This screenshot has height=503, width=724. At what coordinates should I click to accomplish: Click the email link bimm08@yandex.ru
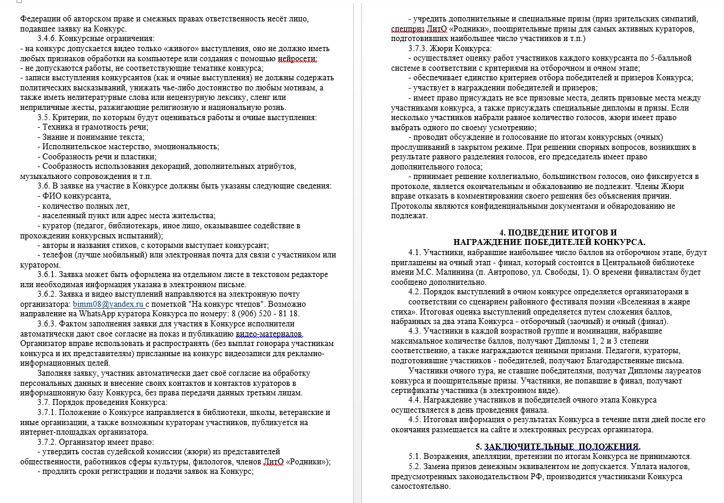coord(111,303)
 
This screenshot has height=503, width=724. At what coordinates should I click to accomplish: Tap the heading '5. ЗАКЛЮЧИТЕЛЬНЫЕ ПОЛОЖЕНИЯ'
coord(558,447)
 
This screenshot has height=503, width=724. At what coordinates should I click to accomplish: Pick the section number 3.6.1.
coord(49,275)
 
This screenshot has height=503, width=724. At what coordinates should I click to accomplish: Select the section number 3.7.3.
coord(420,48)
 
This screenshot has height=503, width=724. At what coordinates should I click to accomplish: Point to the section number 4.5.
coord(416,420)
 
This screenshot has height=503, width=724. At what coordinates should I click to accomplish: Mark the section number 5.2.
coord(416,467)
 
